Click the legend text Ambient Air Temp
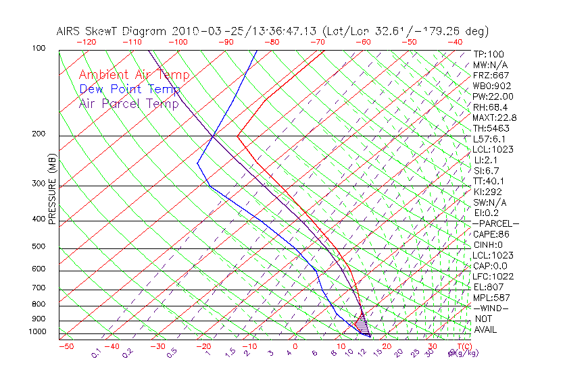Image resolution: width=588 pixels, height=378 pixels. tap(134, 75)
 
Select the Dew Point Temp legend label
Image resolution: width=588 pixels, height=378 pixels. tap(129, 89)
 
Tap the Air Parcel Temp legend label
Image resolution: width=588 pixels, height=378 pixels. tap(128, 103)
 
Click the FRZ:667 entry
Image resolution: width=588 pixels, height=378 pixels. tap(491, 75)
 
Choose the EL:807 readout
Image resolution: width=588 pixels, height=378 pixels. tap(488, 287)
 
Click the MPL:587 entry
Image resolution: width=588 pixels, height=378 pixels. tap(491, 297)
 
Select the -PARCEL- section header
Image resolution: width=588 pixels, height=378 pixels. tap(495, 223)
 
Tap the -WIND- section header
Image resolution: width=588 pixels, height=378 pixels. tap(491, 308)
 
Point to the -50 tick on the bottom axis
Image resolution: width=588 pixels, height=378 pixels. tap(66, 346)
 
